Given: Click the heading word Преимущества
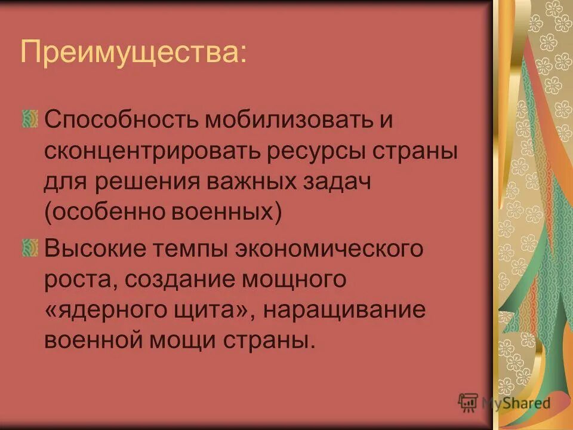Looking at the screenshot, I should (132, 53).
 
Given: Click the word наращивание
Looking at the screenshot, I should (343, 311).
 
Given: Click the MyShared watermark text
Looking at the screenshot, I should (515, 403).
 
